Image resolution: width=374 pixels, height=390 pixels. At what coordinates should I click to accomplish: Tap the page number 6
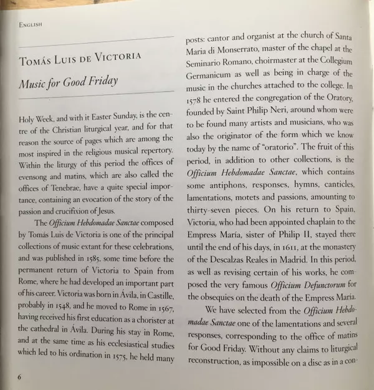[20, 377]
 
